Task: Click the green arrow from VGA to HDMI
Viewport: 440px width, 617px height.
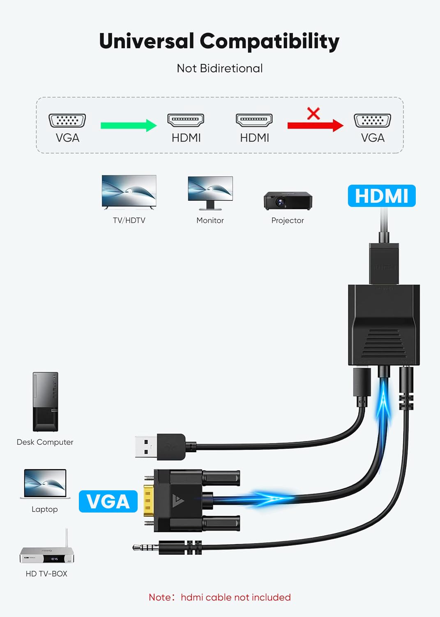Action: (129, 125)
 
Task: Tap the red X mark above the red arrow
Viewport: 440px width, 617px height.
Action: (313, 113)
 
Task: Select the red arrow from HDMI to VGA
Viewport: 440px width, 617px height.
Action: (316, 125)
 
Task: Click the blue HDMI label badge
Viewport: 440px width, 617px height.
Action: (382, 196)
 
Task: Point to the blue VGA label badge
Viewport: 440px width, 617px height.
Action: (108, 501)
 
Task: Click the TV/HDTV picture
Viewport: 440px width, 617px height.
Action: (129, 192)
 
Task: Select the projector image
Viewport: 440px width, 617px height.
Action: (288, 201)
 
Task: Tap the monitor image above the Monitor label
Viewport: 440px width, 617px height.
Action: (210, 193)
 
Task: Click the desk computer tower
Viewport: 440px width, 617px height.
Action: (46, 402)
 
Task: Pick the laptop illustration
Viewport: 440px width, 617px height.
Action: (45, 484)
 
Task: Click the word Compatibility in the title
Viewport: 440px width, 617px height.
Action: (270, 41)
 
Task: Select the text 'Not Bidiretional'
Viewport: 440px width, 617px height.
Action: (219, 68)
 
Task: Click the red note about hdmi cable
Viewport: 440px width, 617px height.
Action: (219, 597)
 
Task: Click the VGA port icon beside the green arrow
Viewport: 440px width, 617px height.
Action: (67, 121)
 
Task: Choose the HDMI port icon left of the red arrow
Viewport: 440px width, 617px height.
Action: (254, 120)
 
